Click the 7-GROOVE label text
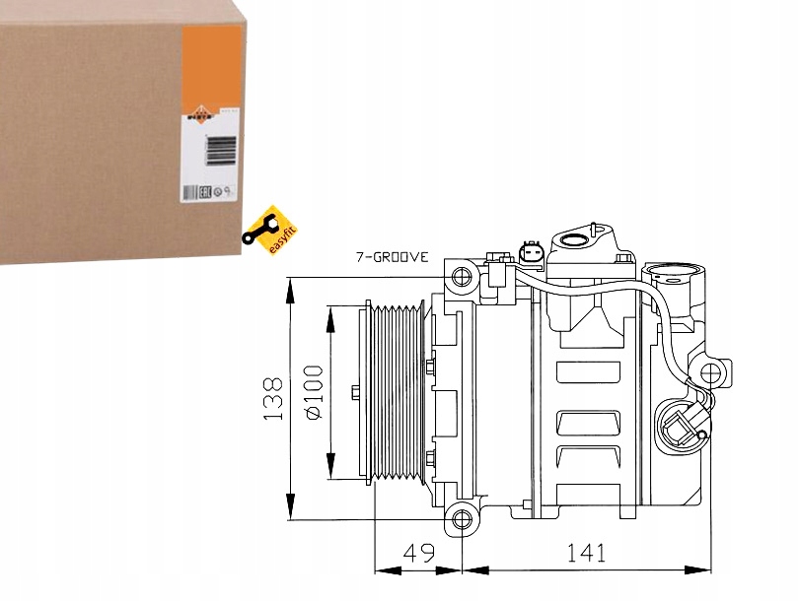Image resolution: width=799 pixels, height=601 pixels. (392, 257)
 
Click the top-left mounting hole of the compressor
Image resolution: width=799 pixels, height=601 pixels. (458, 277)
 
